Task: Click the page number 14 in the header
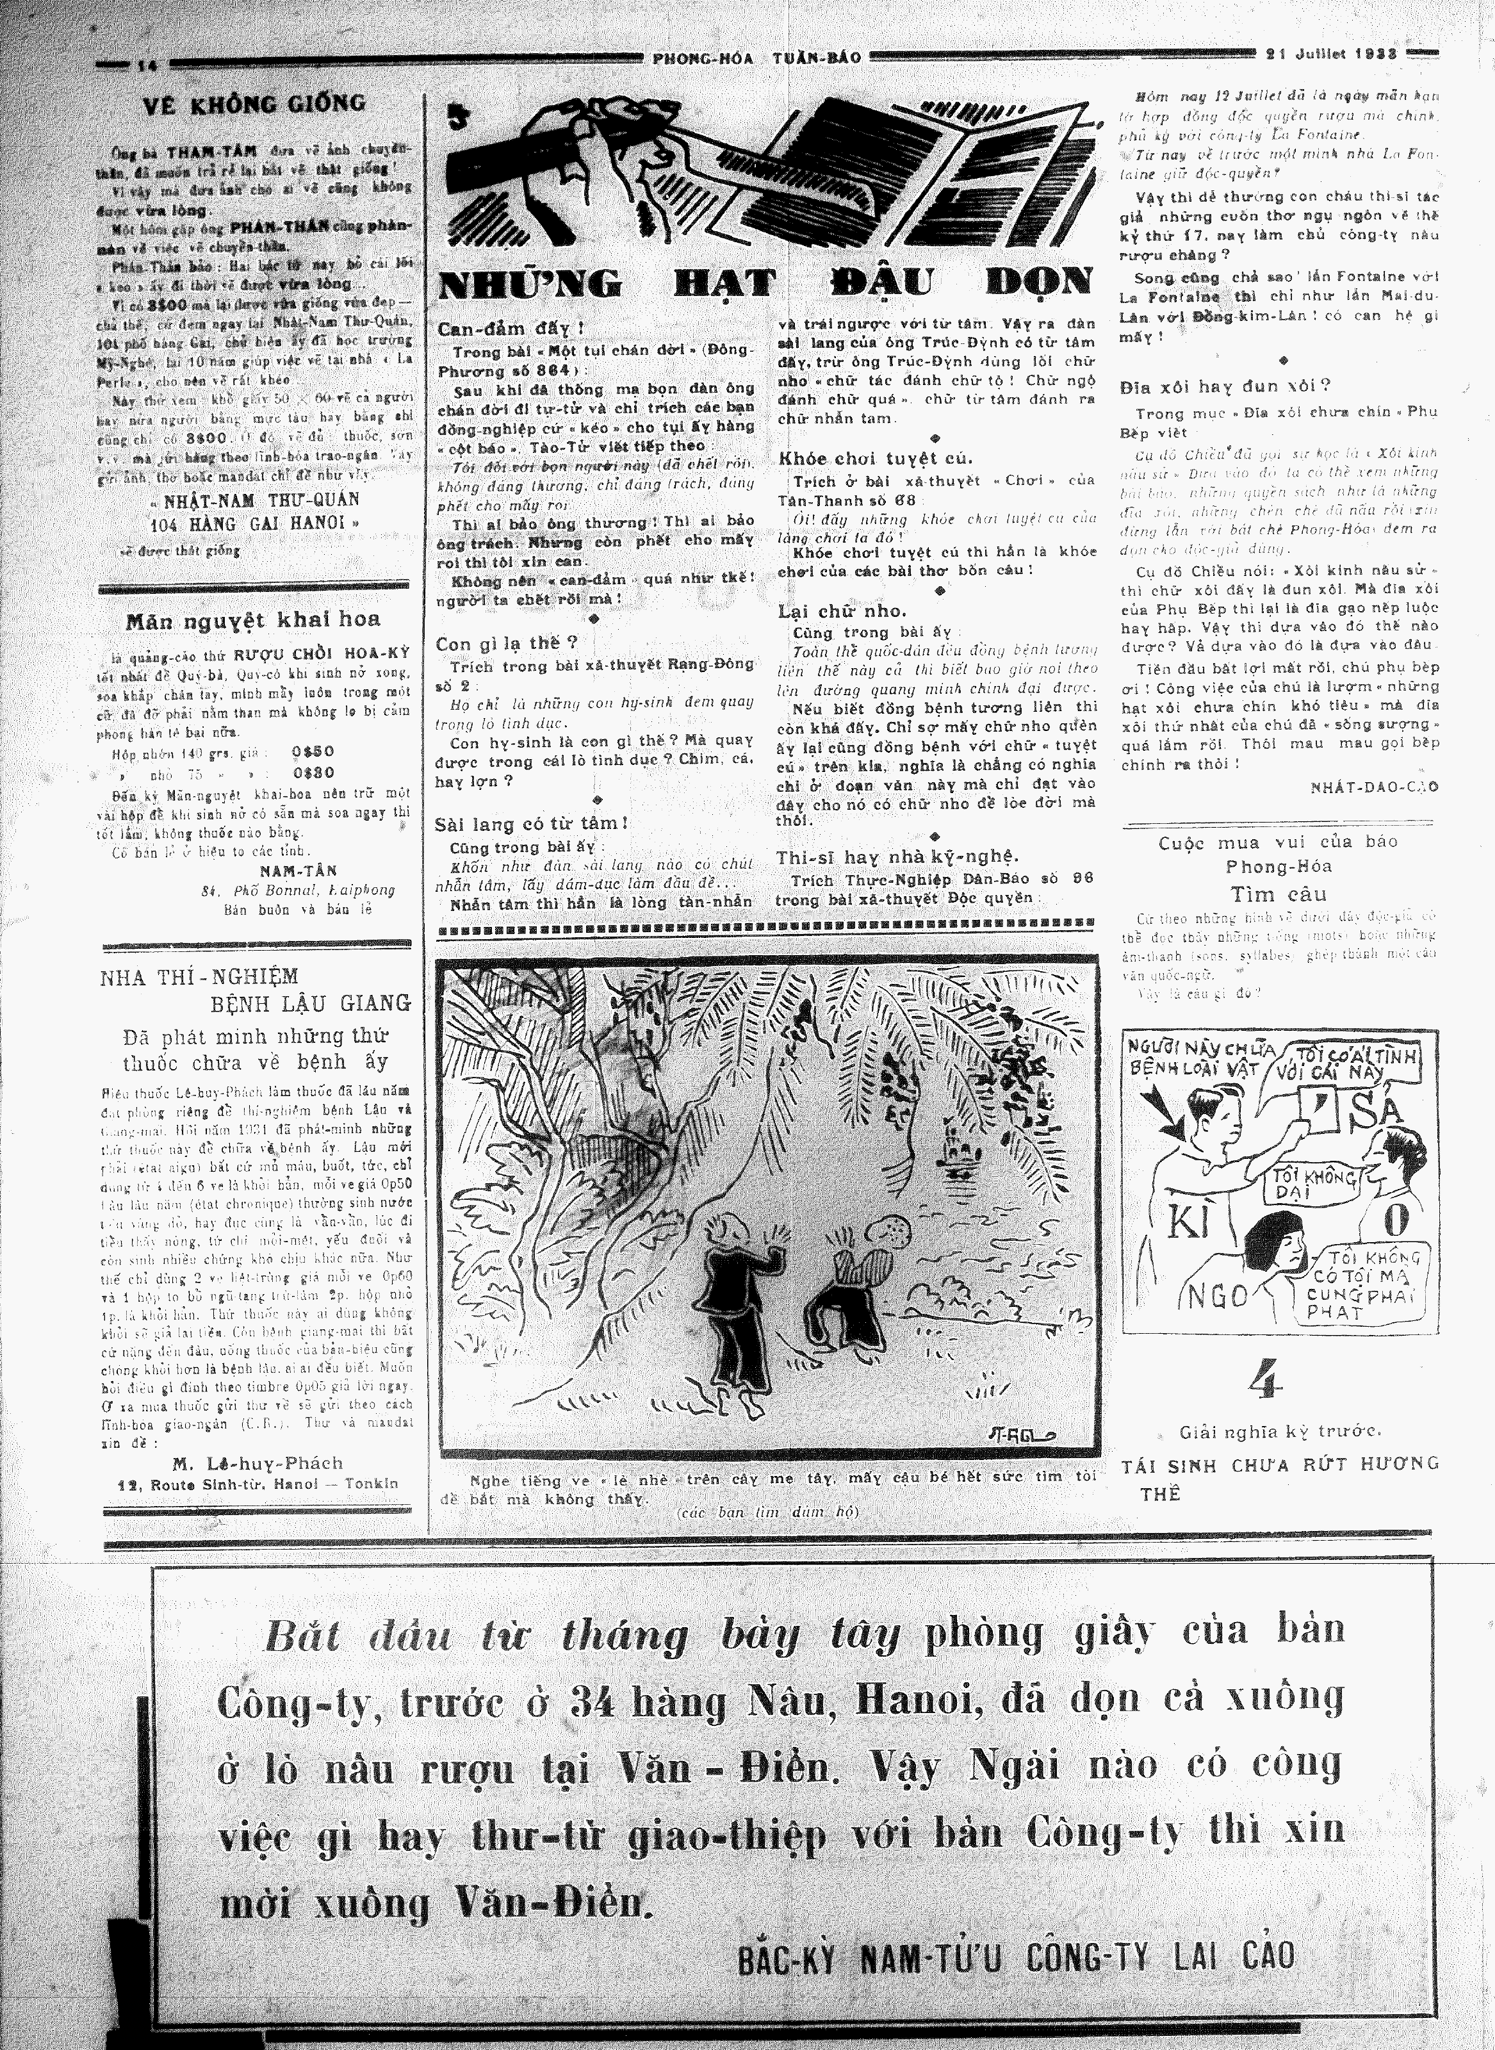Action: (147, 64)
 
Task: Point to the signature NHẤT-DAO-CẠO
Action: (1374, 787)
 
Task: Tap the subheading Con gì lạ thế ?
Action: (507, 644)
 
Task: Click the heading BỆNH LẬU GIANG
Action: (311, 1003)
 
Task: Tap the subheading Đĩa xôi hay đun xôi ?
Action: (1225, 384)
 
